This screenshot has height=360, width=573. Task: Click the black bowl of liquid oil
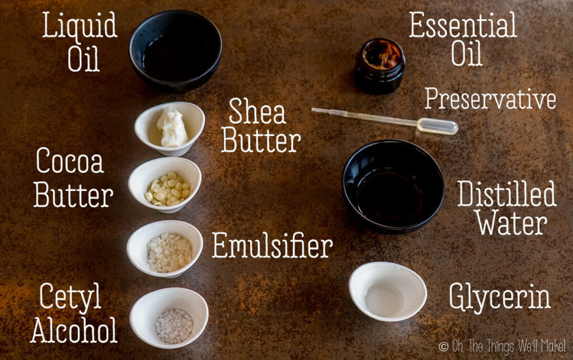(175, 50)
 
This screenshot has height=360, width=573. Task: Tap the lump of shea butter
(172, 128)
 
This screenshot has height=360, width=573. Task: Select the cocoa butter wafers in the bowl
(168, 189)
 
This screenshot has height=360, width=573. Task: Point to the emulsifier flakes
(169, 253)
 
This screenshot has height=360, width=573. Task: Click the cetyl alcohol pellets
(174, 326)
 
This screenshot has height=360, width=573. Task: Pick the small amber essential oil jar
(380, 66)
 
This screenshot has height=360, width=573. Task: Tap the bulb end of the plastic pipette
(438, 126)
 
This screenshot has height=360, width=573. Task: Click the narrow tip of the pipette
(313, 109)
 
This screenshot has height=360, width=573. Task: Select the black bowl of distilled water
(393, 186)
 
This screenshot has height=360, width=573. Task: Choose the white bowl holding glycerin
(387, 291)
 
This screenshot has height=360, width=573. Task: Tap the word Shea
(257, 111)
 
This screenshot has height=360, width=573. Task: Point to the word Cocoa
(70, 161)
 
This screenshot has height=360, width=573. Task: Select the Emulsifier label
(273, 245)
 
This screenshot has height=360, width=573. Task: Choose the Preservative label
(490, 99)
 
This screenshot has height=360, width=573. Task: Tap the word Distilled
(507, 194)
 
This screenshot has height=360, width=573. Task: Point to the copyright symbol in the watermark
(444, 347)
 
